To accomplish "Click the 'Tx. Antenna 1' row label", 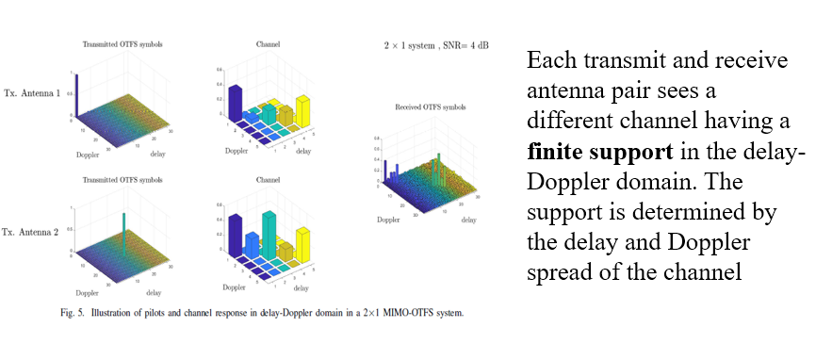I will click(32, 93).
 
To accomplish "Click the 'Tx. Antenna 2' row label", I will click(32, 230).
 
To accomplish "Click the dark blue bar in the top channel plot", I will click(236, 101).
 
